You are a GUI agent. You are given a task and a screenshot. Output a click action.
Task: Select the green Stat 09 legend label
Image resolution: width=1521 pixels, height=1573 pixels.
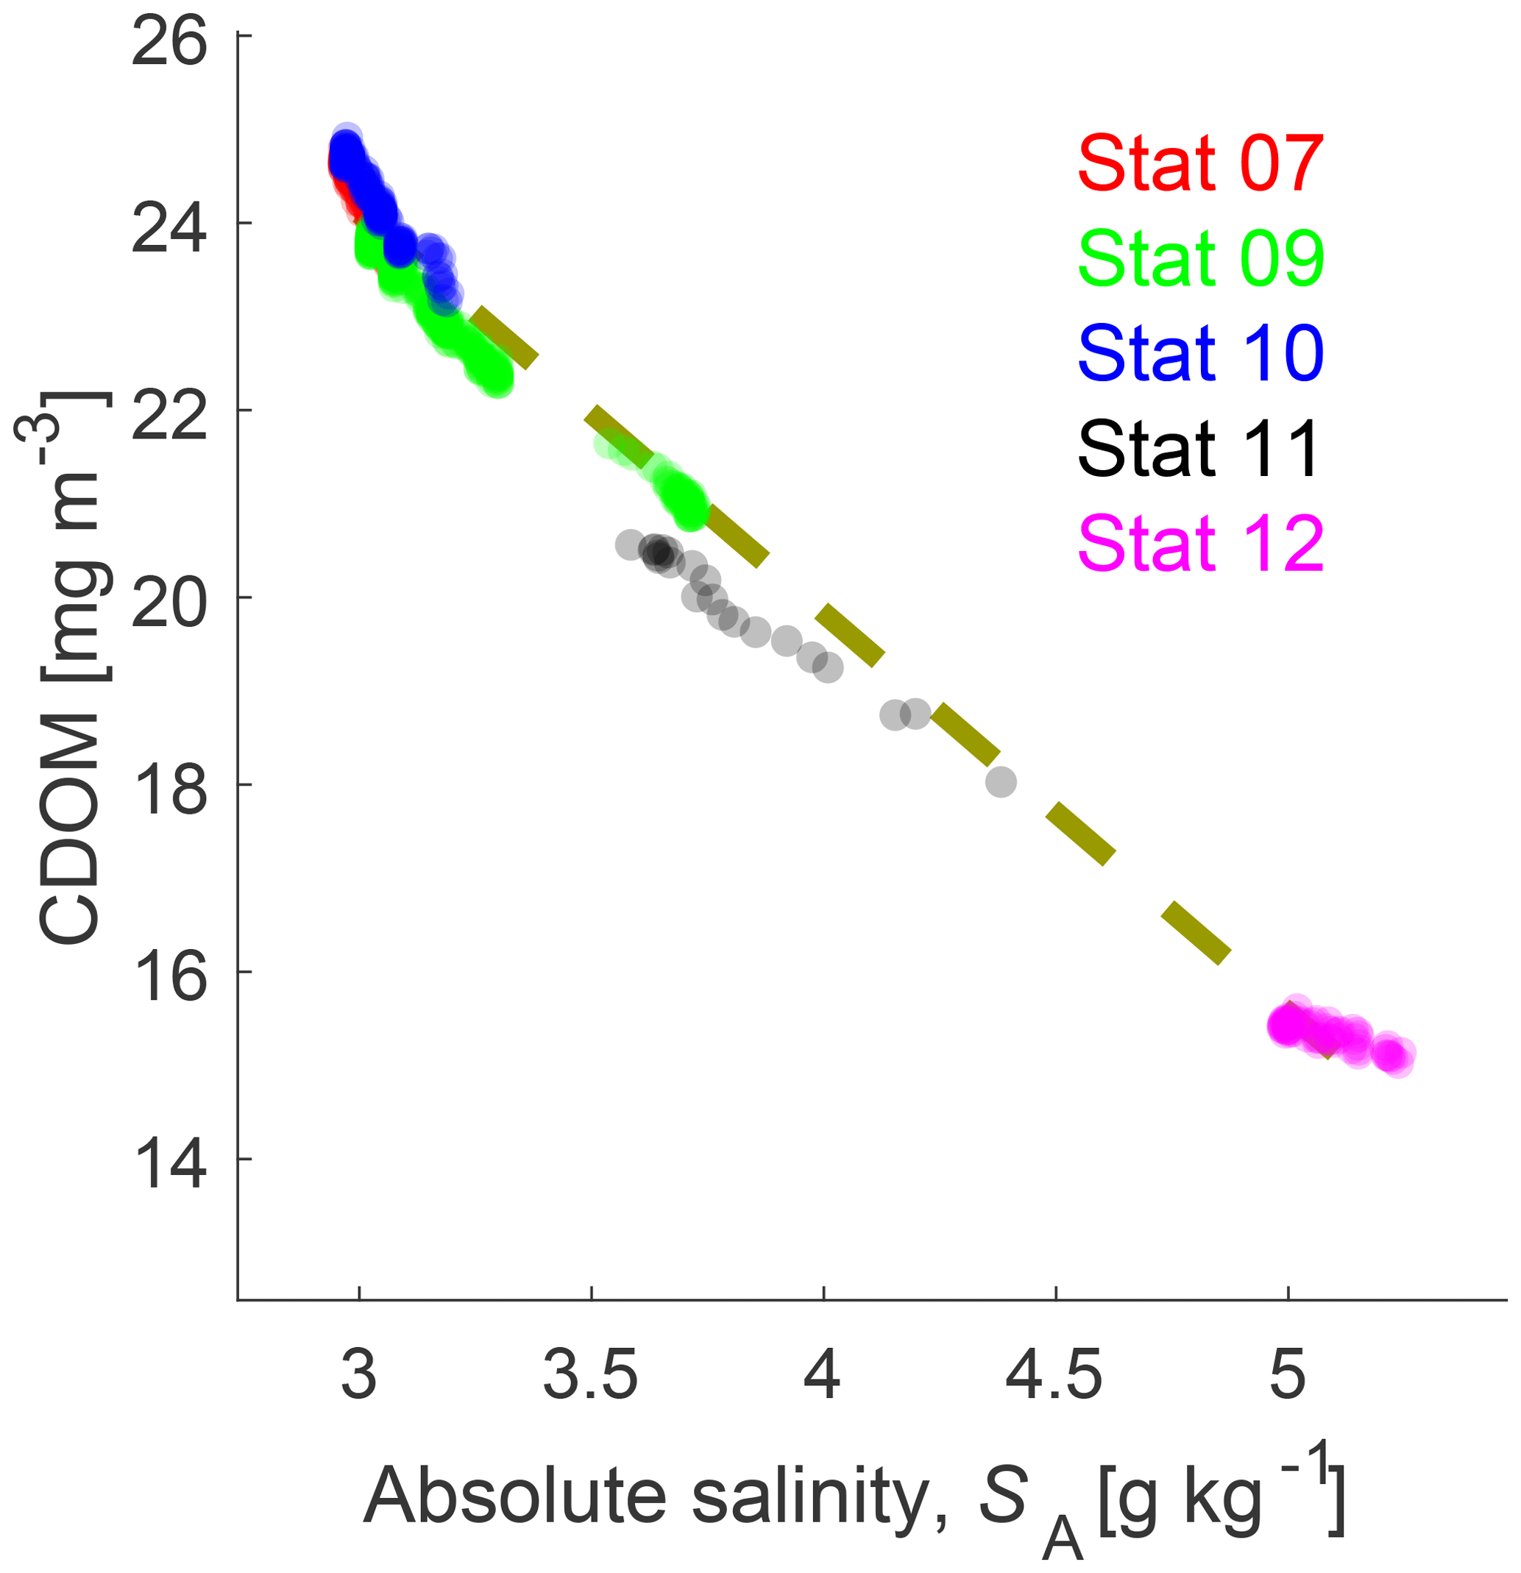[x=1200, y=258]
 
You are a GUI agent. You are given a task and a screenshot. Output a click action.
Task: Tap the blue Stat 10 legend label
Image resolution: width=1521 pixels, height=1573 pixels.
[x=1200, y=352]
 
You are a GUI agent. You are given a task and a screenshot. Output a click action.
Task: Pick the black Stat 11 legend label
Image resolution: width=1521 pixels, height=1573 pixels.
[x=1199, y=448]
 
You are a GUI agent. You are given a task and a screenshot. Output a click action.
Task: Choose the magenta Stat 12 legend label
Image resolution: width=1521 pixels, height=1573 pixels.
[x=1200, y=542]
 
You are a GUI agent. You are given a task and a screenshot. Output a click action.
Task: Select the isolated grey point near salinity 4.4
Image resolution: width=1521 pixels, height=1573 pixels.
[x=1000, y=781]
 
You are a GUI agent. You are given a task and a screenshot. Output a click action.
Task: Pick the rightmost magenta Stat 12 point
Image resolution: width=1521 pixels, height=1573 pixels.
[x=1397, y=1059]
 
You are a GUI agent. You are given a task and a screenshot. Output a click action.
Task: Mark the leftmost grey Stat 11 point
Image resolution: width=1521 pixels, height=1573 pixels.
[x=630, y=545]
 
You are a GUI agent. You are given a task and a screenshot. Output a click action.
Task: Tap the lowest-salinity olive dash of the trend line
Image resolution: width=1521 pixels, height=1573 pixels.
[x=504, y=337]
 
